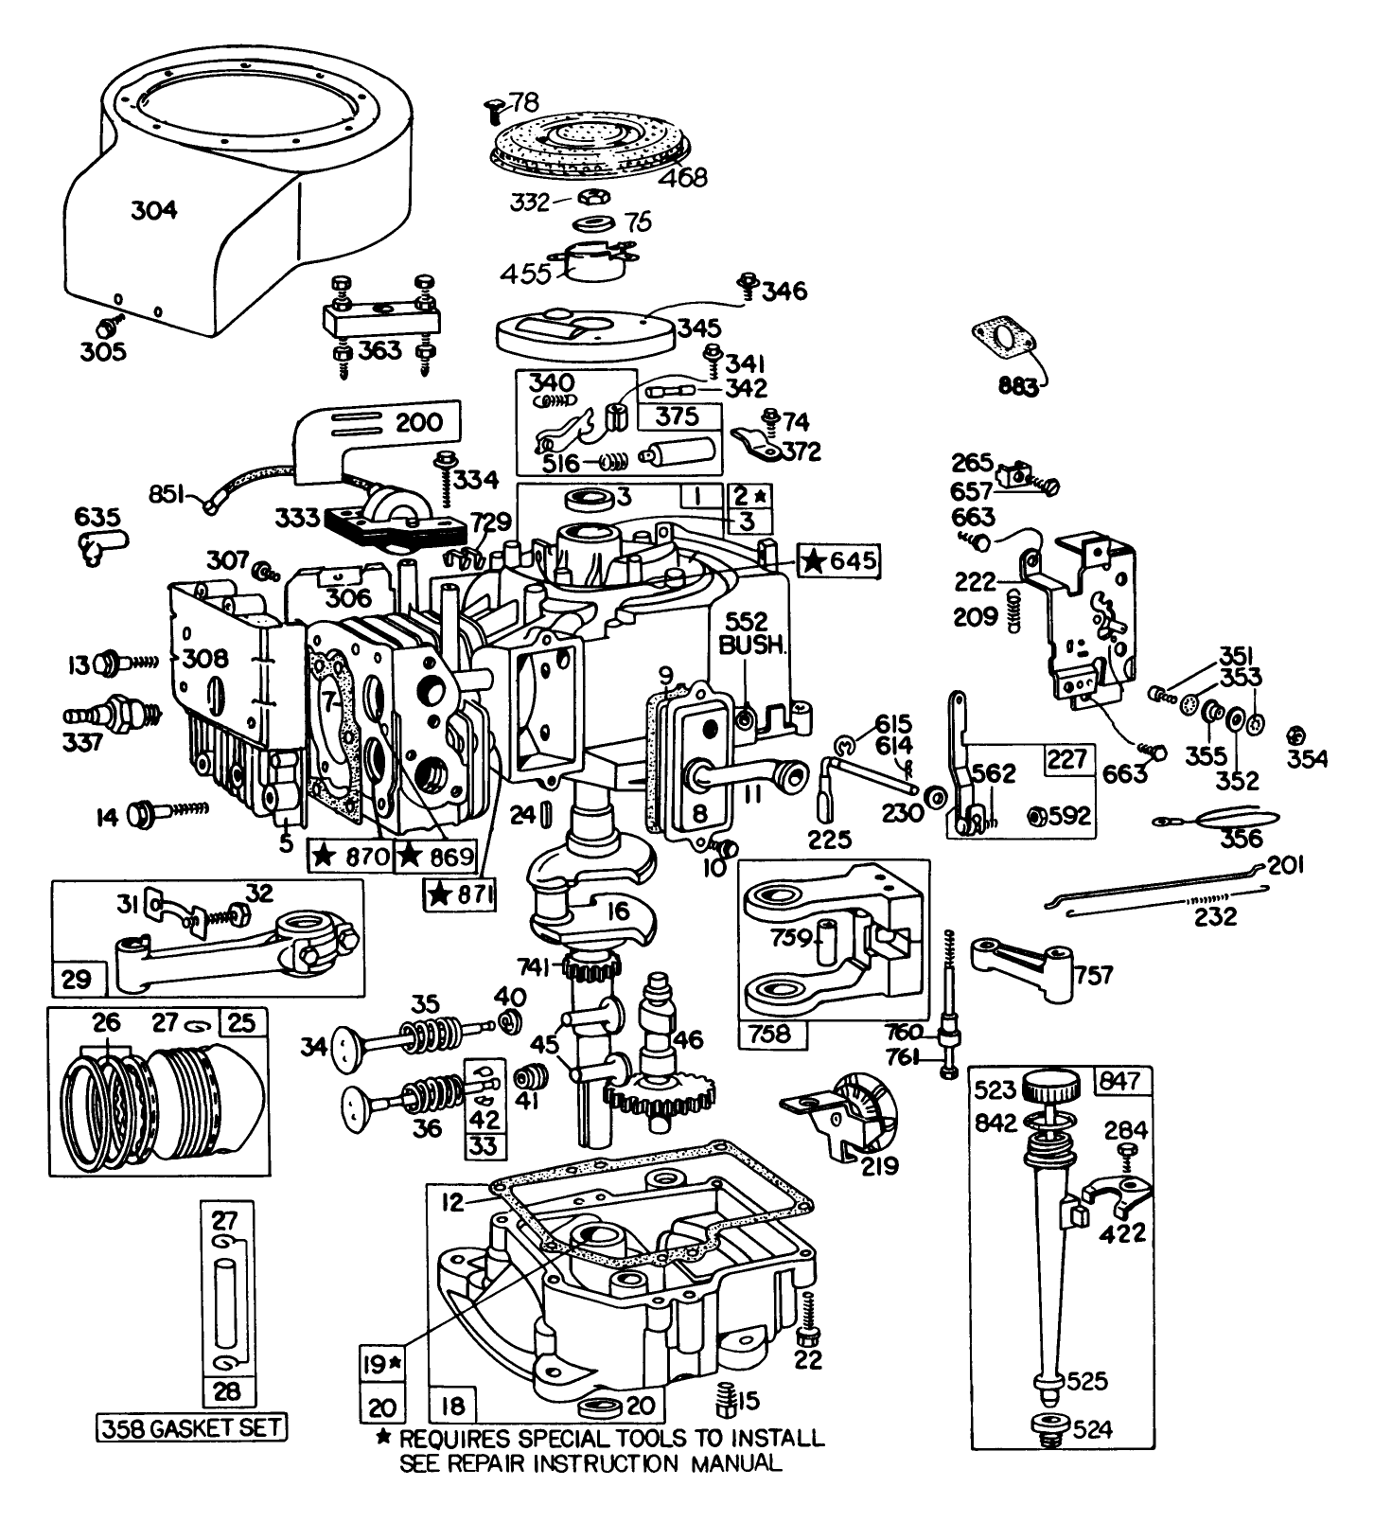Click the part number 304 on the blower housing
pos(153,209)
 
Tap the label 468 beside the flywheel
pos(682,177)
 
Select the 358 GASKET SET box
pos(192,1426)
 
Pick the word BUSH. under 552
pos(750,646)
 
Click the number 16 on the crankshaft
pos(617,911)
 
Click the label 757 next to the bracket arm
pos(1094,974)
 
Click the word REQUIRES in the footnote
pos(457,1438)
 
